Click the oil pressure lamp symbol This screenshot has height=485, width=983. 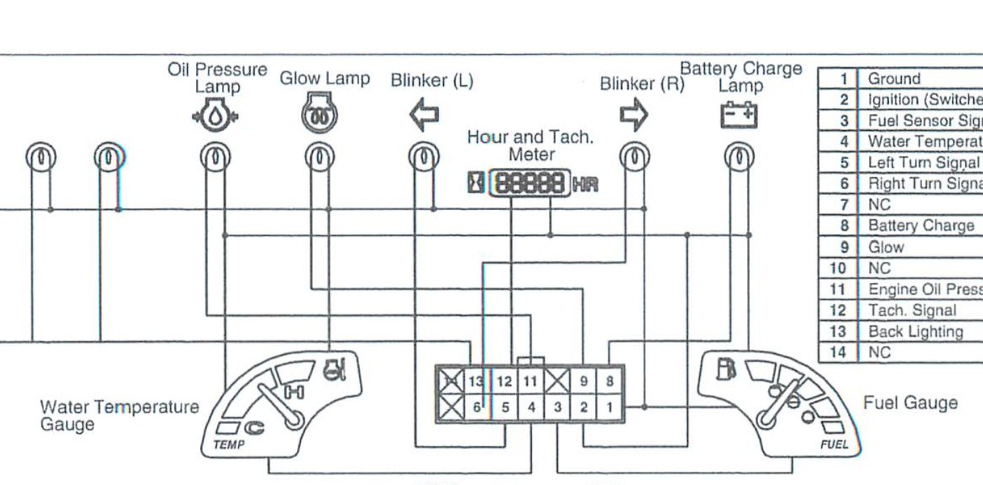215,115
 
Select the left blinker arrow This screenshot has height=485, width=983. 424,115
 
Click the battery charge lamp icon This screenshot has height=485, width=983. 739,115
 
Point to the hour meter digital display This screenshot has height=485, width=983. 529,184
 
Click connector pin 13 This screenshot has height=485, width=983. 476,381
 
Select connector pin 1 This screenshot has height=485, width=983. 609,407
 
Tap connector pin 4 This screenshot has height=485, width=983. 531,407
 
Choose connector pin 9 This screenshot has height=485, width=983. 583,381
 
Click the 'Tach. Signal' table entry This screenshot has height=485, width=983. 912,310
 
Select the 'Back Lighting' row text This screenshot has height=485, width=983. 915,331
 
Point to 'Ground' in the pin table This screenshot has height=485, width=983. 894,78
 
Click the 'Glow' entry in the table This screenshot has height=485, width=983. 886,247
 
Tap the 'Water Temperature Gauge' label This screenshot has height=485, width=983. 119,415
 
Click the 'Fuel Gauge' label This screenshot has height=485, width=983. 909,402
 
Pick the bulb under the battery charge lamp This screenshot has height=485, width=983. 739,157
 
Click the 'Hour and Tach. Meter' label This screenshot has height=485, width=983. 531,146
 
